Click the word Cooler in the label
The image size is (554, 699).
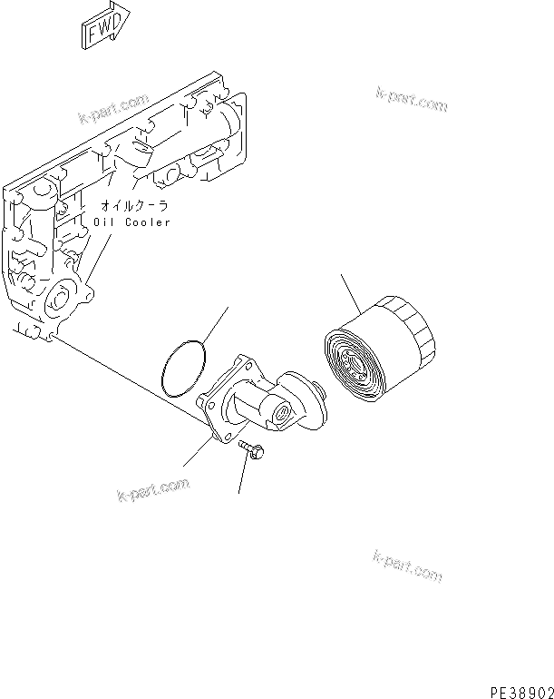tap(147, 222)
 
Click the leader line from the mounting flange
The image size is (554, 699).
tap(197, 451)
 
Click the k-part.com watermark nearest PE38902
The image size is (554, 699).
tap(407, 565)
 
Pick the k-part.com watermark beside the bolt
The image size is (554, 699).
tap(153, 490)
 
